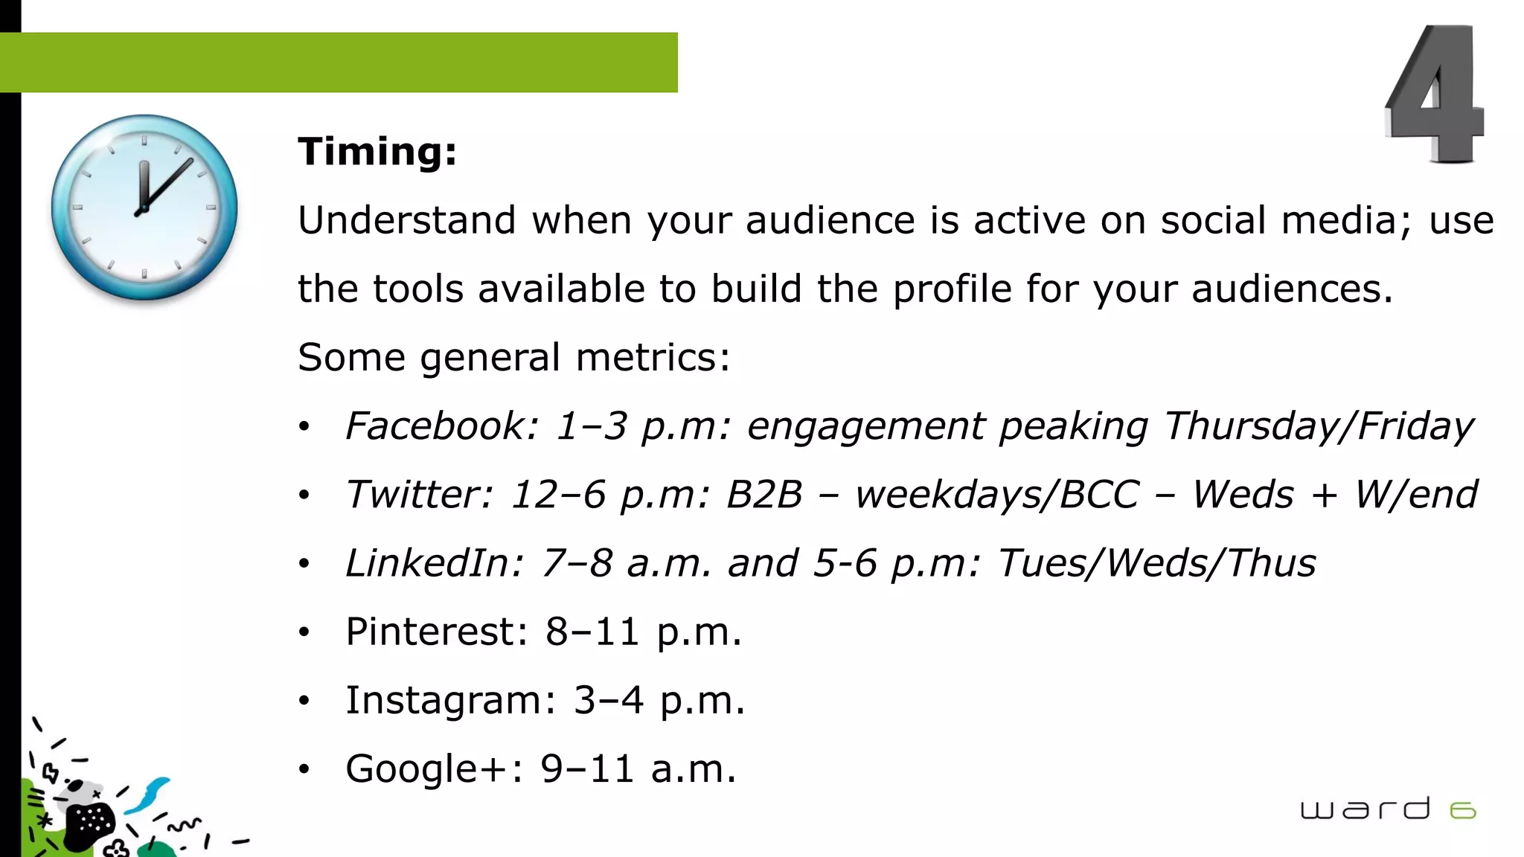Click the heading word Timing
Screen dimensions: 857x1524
click(377, 152)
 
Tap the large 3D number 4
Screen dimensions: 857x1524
click(1435, 95)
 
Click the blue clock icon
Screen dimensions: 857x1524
click(144, 208)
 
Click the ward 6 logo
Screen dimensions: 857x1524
click(1387, 809)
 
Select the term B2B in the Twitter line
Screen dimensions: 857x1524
click(764, 495)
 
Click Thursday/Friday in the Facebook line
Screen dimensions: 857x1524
click(1318, 426)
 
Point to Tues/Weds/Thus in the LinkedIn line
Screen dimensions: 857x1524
click(1156, 563)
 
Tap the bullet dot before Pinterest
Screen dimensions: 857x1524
click(304, 633)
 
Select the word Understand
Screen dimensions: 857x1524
click(406, 221)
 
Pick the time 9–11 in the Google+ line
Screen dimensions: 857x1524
click(587, 768)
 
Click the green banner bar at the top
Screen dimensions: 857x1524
click(339, 62)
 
